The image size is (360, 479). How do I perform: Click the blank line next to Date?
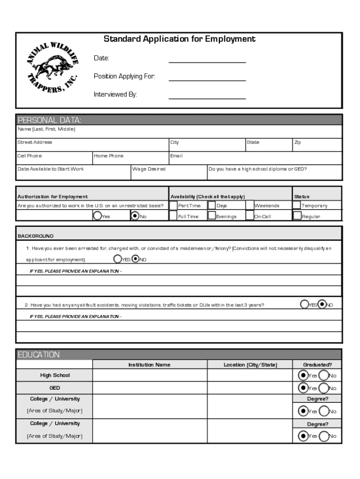[x=207, y=59]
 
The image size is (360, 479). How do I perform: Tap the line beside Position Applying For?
[x=207, y=77]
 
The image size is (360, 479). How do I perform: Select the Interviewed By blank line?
[x=207, y=95]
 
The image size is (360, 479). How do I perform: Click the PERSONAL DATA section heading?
[x=50, y=120]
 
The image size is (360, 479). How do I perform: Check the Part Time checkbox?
[x=173, y=205]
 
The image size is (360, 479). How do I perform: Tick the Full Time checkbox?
[x=173, y=216]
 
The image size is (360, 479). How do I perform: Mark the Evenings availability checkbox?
[x=212, y=216]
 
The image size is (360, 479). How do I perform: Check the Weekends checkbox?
[x=250, y=205]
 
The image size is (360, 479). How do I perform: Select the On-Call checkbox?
[x=250, y=216]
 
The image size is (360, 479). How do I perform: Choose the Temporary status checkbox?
[x=296, y=205]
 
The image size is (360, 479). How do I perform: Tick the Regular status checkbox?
[x=296, y=216]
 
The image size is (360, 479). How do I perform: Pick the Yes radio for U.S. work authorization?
[x=97, y=216]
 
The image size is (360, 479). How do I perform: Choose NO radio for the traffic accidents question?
[x=322, y=305]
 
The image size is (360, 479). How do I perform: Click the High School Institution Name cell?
[x=150, y=376]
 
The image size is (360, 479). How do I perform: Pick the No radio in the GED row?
[x=323, y=388]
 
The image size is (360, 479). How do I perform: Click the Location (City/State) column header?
[x=250, y=365]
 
